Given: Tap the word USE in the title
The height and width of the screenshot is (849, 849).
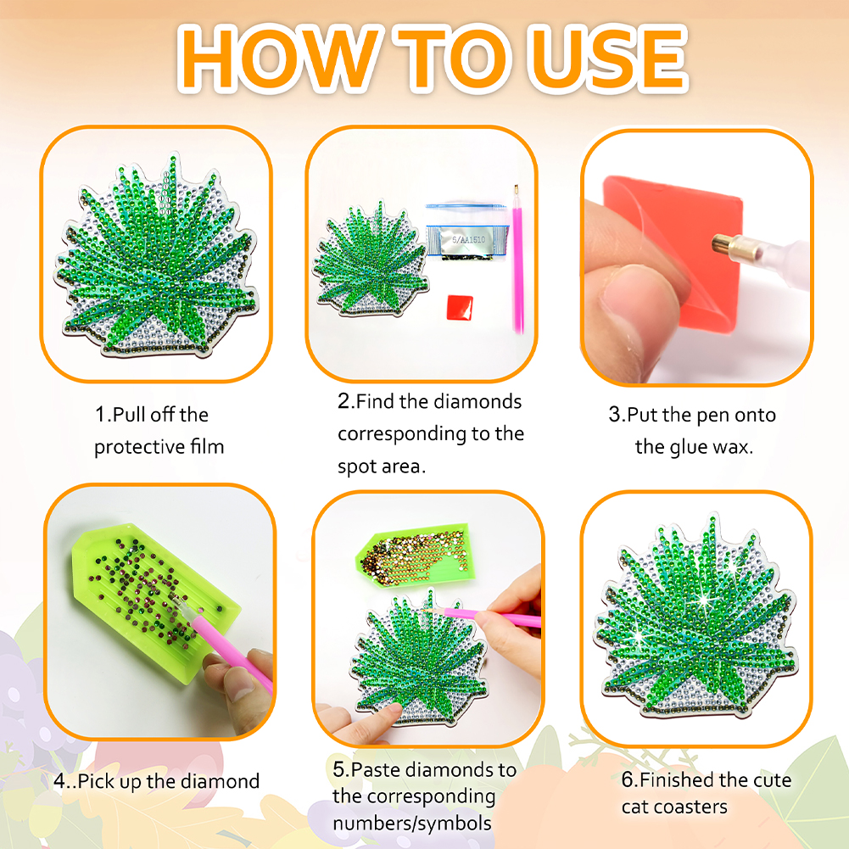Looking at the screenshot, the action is [607, 58].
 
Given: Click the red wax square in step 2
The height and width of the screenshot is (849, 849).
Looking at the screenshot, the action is [460, 307].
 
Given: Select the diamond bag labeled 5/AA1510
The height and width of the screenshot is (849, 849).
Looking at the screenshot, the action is [467, 232].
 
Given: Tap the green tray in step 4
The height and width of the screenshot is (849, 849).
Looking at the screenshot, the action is [155, 601].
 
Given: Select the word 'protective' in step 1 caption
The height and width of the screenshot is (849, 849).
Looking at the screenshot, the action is [140, 447].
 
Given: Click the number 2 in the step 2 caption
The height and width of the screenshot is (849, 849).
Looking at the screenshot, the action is [344, 401].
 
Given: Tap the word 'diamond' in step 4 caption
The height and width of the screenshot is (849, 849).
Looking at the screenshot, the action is [220, 781].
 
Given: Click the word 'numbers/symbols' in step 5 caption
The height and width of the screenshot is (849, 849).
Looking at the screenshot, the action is [412, 824].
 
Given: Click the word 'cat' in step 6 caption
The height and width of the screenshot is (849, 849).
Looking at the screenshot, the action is [634, 807].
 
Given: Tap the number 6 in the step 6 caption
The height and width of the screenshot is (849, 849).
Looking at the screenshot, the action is [628, 779].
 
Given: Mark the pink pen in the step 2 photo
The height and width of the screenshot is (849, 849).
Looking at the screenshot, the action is [517, 260].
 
